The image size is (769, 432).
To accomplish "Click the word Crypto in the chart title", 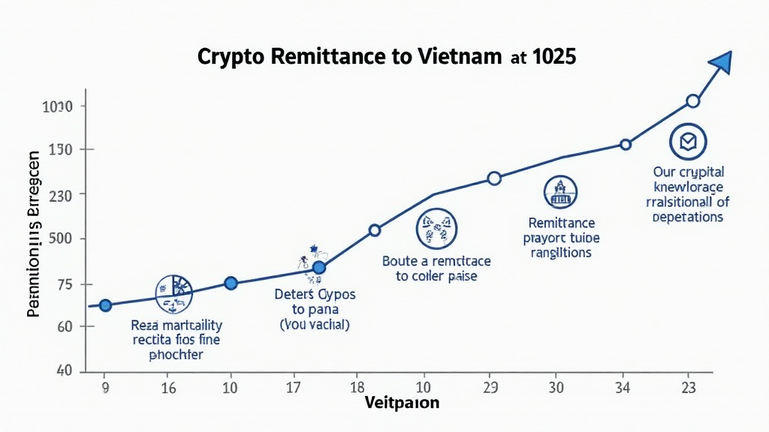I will (x=234, y=58).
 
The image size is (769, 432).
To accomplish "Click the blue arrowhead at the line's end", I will (x=722, y=63).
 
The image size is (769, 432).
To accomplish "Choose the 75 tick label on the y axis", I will (x=62, y=284).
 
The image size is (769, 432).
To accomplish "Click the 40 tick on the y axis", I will (x=62, y=371).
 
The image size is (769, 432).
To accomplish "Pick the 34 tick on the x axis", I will (x=622, y=388).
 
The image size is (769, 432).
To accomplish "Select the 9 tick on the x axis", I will (x=104, y=388).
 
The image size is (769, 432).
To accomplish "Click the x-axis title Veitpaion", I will (x=402, y=403).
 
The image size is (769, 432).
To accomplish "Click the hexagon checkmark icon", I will (x=688, y=141).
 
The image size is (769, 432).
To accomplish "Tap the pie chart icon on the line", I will (x=173, y=293).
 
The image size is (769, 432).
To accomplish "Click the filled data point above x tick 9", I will (x=105, y=305).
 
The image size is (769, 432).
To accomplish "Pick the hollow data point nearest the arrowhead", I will (x=693, y=101).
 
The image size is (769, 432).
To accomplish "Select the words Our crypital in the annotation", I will (x=688, y=172).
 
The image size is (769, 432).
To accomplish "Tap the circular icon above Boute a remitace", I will (x=436, y=227).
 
